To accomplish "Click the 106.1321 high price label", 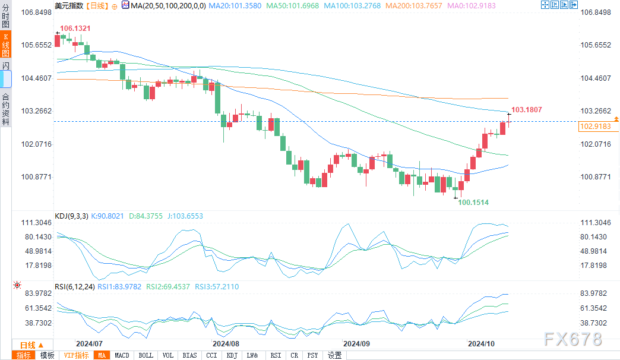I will coord(75,28).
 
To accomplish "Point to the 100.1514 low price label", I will coord(473,203).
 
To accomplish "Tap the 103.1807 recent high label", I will coord(527,110).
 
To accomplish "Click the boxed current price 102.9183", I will coord(596,127).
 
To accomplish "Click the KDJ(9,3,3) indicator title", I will coord(71,216).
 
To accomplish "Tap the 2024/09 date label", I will coord(356,343).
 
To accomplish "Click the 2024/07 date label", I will coord(90,343).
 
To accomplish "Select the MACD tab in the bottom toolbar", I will coord(122,355).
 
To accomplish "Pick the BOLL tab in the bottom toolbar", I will coord(145,355).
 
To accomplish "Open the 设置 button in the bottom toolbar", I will coord(335,355).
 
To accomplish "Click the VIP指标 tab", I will coord(77,355).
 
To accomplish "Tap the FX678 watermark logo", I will coord(572,339).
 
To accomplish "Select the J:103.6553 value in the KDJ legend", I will coord(184,216).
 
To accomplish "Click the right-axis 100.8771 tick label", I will coord(594,177).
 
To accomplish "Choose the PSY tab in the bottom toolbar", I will coord(313,355).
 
